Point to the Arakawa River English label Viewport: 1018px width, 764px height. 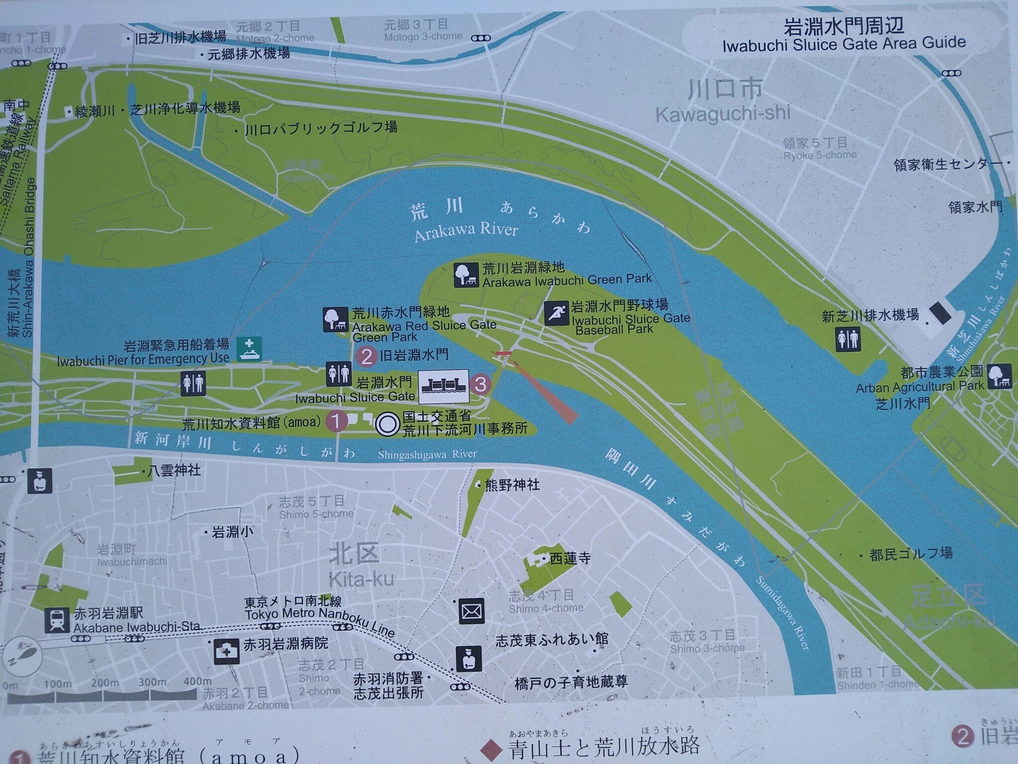point(466,231)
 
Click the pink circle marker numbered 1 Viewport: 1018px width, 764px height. point(336,421)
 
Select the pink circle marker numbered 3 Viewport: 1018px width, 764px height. point(480,384)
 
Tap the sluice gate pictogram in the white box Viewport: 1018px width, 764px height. point(443,386)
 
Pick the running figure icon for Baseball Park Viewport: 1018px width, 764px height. point(556,313)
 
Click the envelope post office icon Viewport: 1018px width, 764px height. point(470,610)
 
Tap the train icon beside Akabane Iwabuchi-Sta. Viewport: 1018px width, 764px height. point(57,620)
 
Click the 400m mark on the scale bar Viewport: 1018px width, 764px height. point(197,681)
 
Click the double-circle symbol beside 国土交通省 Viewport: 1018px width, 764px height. point(387,424)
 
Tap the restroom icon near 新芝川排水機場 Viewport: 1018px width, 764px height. point(848,340)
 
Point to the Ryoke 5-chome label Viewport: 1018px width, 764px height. point(820,155)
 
